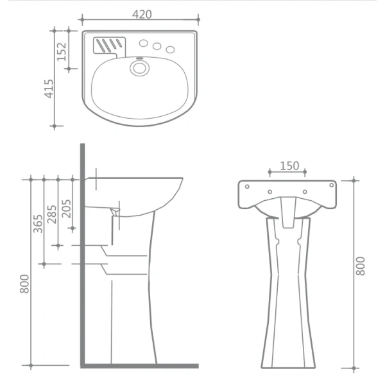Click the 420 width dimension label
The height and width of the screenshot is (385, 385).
[x=142, y=15]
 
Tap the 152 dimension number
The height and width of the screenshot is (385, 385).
[x=62, y=51]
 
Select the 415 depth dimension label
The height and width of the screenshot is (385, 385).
[x=49, y=89]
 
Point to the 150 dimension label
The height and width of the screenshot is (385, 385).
[x=289, y=166]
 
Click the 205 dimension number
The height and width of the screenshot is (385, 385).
[x=66, y=209]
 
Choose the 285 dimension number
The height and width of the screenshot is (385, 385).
[x=52, y=214]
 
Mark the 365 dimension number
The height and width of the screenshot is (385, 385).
[x=38, y=224]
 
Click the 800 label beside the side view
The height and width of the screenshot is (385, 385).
[x=24, y=284]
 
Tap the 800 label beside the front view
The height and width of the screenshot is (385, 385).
[x=360, y=266]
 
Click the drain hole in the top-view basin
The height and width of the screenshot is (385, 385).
[x=139, y=68]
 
